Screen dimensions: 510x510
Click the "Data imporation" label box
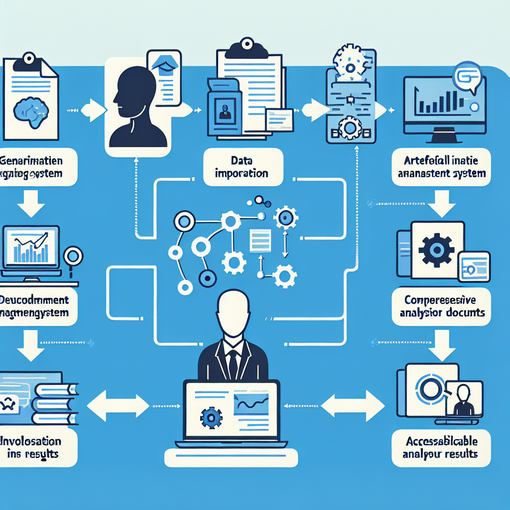point(244,167)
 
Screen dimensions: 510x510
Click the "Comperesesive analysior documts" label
point(441,307)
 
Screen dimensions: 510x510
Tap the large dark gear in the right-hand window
point(437,250)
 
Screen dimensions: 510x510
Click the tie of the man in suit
point(233,363)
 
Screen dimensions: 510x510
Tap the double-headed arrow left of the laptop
point(118,403)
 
